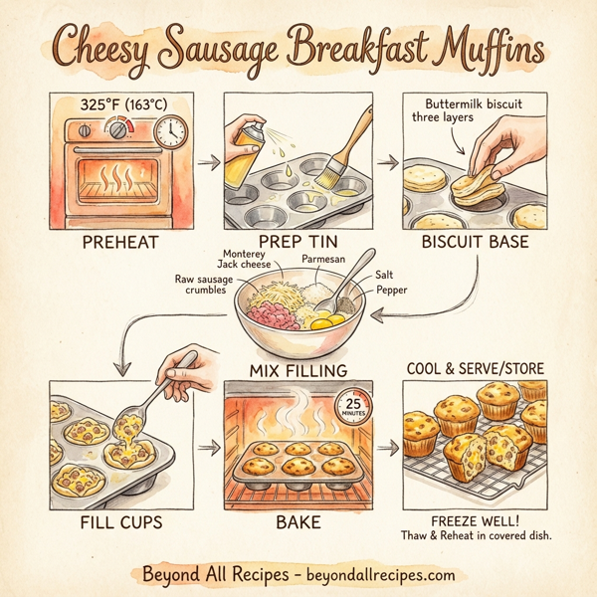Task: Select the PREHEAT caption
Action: coord(109,241)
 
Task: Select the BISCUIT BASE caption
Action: coord(478,241)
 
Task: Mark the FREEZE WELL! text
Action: coord(476,519)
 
